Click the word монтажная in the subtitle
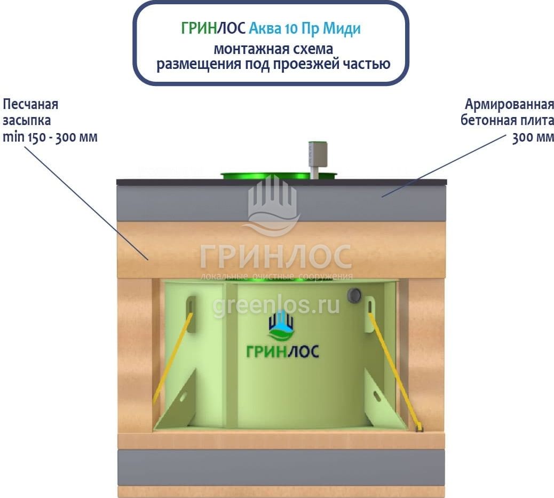(244, 49)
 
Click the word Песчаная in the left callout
(30, 104)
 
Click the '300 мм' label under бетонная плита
(533, 137)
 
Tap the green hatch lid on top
(267, 175)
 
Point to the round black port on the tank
(354, 295)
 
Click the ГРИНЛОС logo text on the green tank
(282, 351)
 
